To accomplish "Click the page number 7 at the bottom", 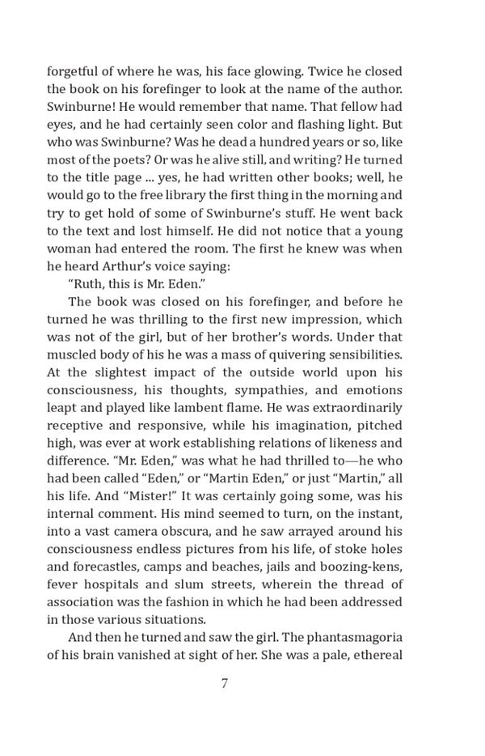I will point(224,683).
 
